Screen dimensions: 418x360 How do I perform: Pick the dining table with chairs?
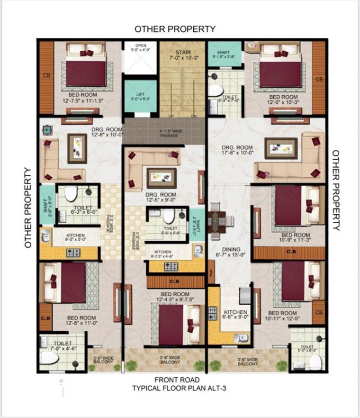218,221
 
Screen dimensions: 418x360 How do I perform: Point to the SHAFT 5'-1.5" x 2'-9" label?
223,55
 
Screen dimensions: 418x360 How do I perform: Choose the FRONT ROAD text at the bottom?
177,380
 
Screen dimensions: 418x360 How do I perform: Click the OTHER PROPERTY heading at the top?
175,29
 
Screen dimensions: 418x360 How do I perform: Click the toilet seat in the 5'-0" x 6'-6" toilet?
314,362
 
